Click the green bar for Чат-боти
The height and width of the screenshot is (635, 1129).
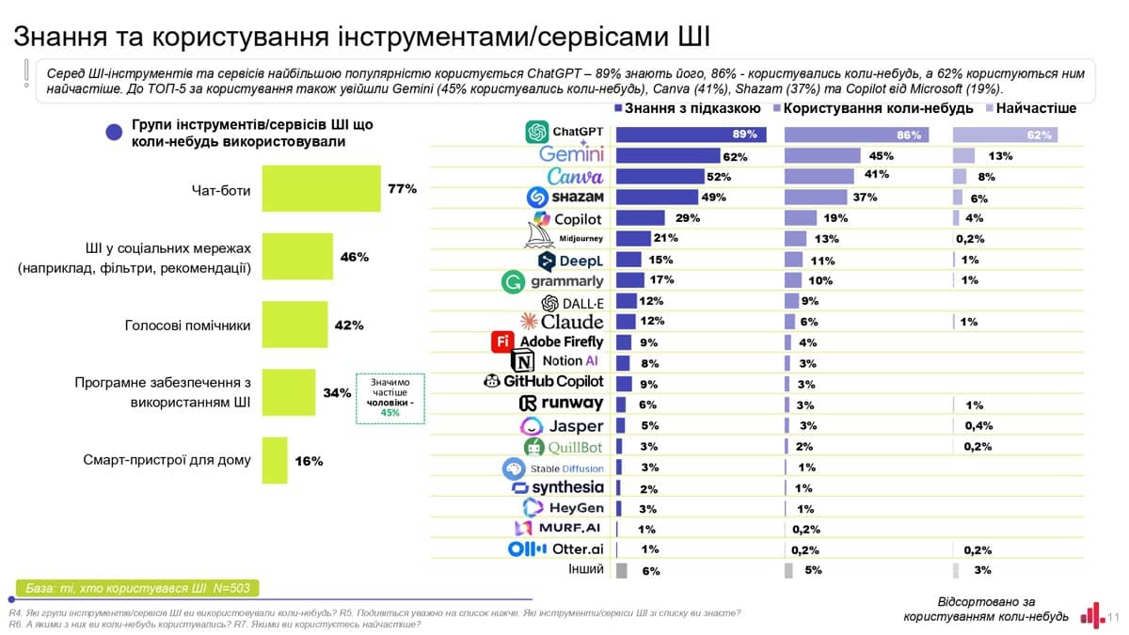coord(321,188)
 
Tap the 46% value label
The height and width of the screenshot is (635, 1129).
coord(355,257)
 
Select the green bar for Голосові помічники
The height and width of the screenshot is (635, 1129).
coord(294,325)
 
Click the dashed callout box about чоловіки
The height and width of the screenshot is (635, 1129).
coord(390,399)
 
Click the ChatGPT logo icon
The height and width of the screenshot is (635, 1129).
coord(537,133)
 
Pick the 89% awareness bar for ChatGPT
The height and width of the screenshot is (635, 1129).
coord(690,134)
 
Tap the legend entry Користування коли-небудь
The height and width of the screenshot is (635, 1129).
coord(865,108)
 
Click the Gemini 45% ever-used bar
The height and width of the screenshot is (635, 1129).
coord(823,155)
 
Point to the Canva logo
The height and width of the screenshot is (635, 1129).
coord(575,176)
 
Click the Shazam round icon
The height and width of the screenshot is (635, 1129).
coord(537,198)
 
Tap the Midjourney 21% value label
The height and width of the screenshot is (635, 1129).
coord(665,238)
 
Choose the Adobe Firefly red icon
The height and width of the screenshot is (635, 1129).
coord(501,341)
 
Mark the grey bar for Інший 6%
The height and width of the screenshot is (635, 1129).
coord(621,570)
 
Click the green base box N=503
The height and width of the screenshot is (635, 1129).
coord(137,588)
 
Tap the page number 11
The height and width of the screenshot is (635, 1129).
coord(1113,618)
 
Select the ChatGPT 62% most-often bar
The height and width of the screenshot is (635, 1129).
coord(1005,135)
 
